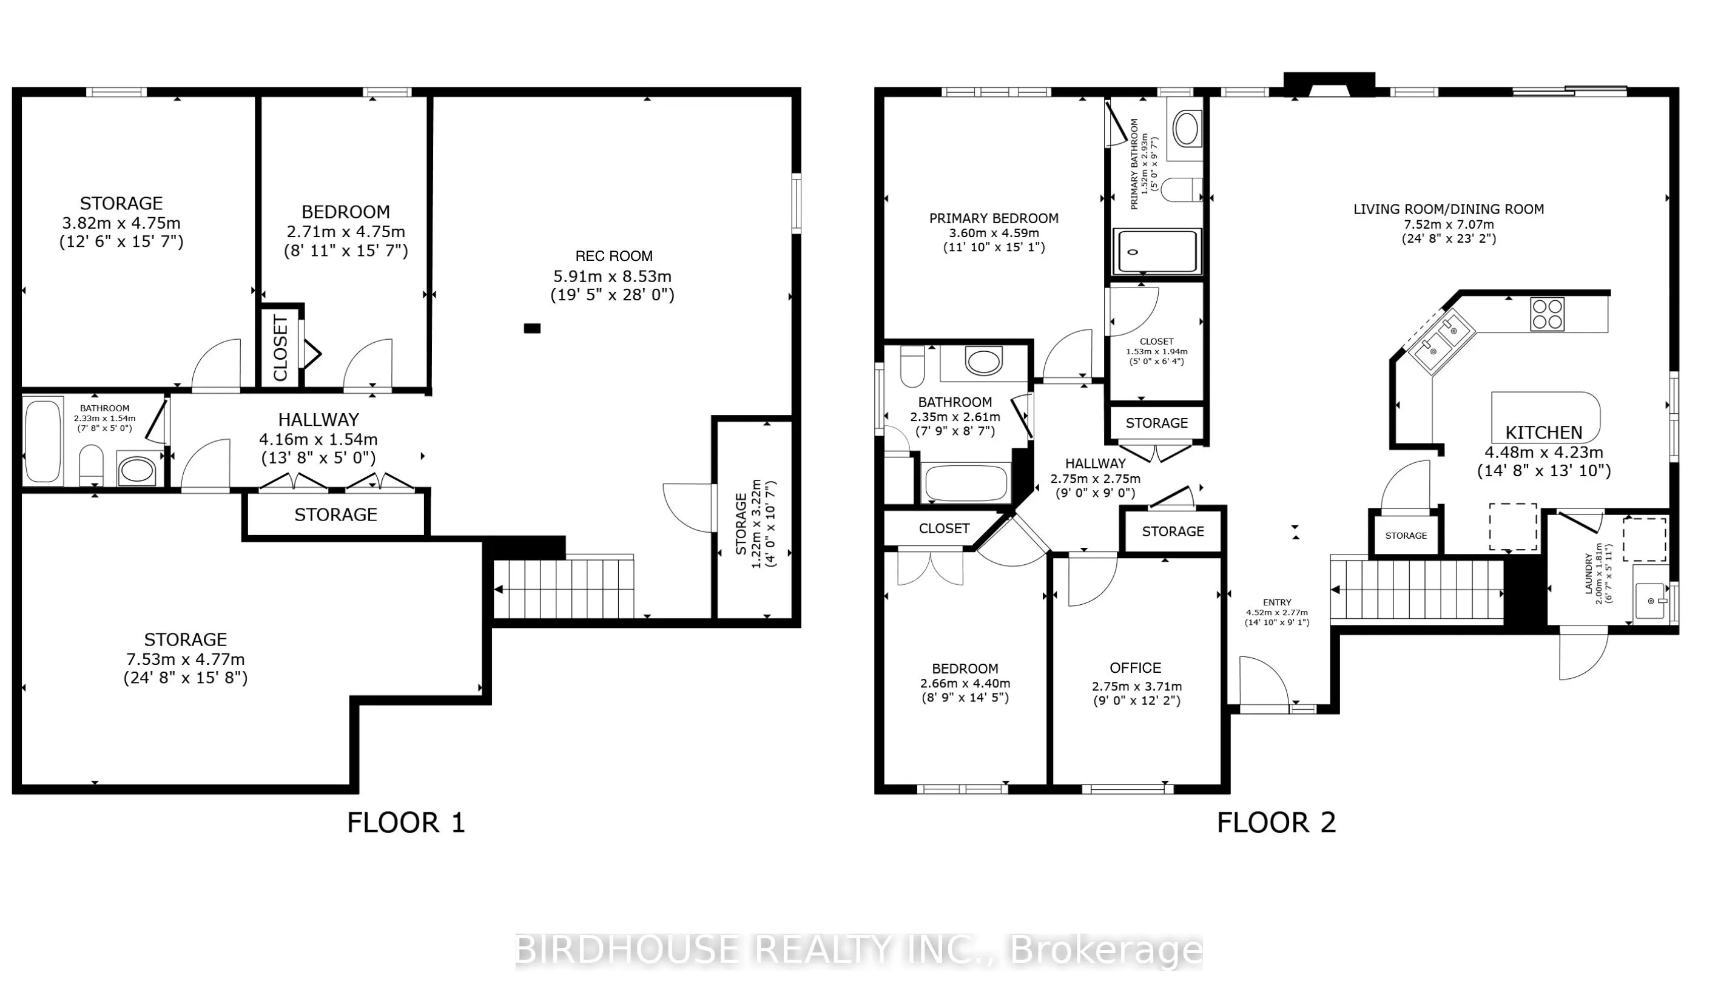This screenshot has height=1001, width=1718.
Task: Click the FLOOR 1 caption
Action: (x=406, y=823)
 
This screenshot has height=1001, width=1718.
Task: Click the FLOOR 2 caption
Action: (x=1276, y=823)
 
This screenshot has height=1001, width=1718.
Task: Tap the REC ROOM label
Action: (x=613, y=257)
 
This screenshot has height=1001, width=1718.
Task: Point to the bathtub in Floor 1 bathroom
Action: (x=43, y=441)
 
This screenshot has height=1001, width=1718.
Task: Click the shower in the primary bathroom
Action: (x=1156, y=252)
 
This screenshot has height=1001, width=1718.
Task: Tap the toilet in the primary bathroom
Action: (x=1181, y=190)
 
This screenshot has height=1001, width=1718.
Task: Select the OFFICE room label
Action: (x=1135, y=668)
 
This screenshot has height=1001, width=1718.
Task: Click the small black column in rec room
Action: (x=532, y=329)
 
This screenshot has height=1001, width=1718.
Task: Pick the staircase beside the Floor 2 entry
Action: (x=1417, y=590)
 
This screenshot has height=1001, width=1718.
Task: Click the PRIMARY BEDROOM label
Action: (x=993, y=219)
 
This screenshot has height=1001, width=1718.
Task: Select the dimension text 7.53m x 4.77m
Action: (x=186, y=659)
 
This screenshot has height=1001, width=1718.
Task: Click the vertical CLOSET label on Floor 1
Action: (x=280, y=348)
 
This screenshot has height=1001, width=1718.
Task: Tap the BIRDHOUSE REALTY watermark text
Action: (x=858, y=950)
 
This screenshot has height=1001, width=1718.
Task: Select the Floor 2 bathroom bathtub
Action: (x=965, y=484)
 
